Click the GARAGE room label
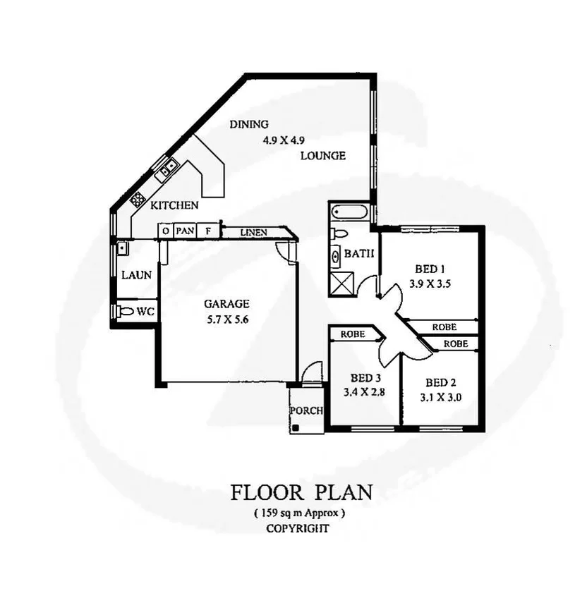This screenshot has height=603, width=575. point(226,304)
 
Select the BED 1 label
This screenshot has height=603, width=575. point(429,269)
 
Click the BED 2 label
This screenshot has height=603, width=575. point(441,383)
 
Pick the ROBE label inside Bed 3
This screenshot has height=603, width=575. point(352,334)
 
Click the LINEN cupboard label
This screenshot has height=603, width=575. point(253,231)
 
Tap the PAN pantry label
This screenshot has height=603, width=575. point(185,231)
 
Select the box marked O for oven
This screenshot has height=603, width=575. point(164,231)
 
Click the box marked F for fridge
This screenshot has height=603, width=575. point(207,231)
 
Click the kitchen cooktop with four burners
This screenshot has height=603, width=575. point(138,200)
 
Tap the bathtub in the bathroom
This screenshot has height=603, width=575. point(347,211)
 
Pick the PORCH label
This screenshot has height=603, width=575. point(305,411)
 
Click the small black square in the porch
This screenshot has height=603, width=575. point(298,427)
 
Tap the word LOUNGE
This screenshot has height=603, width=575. point(322,155)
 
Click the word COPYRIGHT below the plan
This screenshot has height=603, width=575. point(297,527)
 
